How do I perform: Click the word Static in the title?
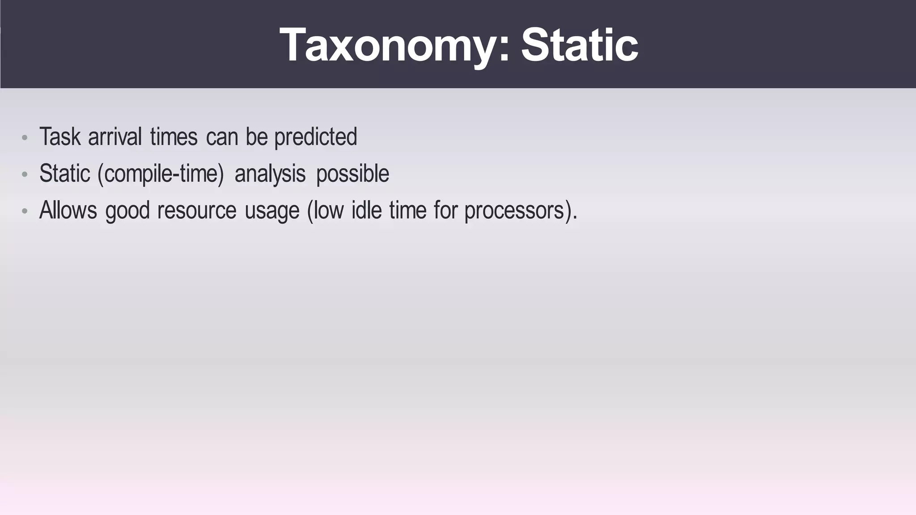point(579,45)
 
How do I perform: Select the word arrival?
point(115,137)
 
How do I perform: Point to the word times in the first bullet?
point(174,137)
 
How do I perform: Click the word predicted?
point(315,137)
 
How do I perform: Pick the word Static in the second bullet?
point(65,174)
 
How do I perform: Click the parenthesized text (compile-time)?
point(160,174)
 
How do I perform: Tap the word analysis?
point(270,174)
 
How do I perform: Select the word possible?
point(352,174)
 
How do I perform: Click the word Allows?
point(68,210)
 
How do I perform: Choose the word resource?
point(197,211)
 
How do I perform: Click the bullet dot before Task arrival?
point(25,137)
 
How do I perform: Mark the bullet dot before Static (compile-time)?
point(25,174)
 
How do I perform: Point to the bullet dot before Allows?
point(25,211)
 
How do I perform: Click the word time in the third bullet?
point(407,210)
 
